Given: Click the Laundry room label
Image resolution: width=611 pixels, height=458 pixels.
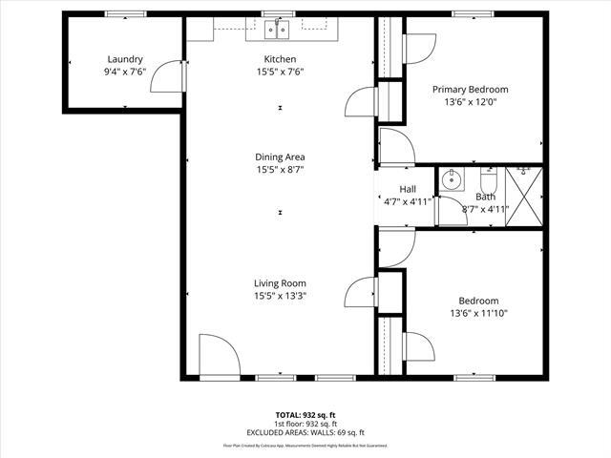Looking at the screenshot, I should (x=125, y=59).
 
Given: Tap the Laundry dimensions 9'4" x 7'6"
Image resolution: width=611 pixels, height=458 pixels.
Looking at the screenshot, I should (x=125, y=72).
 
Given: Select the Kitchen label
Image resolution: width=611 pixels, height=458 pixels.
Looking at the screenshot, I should (x=280, y=59).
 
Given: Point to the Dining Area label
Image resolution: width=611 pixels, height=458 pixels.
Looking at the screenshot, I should (x=280, y=156).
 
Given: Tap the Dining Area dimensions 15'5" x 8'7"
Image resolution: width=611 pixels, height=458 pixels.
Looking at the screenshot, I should (x=280, y=170).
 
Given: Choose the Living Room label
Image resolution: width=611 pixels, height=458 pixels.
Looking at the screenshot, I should (x=280, y=282).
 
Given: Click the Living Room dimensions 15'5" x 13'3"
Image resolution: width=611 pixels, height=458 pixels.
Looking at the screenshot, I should (x=280, y=296).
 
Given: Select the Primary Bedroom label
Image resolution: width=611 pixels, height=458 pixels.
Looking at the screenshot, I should (x=470, y=89).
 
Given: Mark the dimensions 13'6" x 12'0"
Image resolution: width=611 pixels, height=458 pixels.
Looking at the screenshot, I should (x=470, y=101).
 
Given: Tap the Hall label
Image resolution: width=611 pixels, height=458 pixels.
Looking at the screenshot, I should (x=408, y=189).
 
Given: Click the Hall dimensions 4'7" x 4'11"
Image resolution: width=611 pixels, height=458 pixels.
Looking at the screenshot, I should (x=408, y=201).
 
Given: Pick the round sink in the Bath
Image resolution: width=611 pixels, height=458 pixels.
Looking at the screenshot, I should (x=453, y=178).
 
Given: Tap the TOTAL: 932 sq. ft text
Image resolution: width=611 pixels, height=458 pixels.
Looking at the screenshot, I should (x=305, y=415).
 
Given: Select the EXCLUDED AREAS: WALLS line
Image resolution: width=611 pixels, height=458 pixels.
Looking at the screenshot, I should (x=305, y=433).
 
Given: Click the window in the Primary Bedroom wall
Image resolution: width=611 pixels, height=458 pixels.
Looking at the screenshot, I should (x=466, y=14).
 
